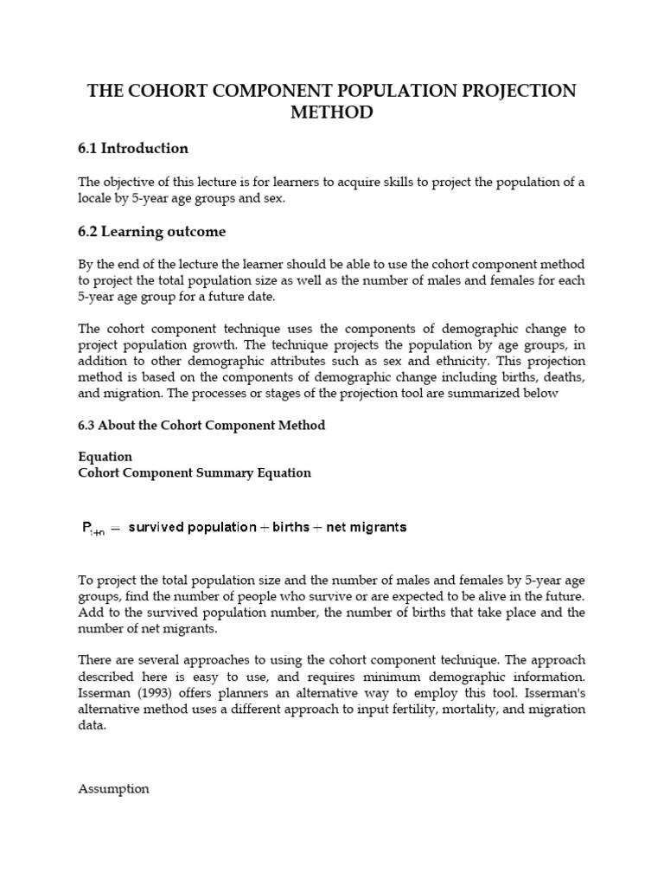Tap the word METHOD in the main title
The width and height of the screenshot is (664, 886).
click(x=332, y=112)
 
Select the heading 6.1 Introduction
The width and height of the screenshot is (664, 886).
click(x=133, y=149)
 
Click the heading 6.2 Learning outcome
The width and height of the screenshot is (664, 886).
click(x=152, y=232)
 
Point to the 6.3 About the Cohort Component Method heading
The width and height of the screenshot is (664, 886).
click(x=201, y=426)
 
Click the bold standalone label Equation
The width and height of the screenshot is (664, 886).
click(x=105, y=456)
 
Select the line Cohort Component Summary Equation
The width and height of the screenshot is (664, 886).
click(x=195, y=473)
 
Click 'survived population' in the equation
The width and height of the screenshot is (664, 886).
click(x=192, y=526)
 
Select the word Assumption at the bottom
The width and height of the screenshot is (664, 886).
click(x=113, y=789)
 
